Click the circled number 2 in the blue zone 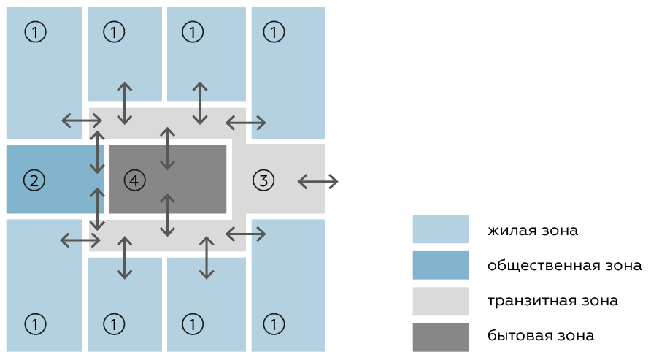click(x=34, y=179)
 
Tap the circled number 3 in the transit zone click(x=264, y=179)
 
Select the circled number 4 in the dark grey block click(x=135, y=179)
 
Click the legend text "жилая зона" click(x=533, y=231)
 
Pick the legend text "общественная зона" click(x=565, y=266)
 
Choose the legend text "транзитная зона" click(x=553, y=300)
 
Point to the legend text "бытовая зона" click(x=541, y=336)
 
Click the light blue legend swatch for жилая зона click(x=440, y=229)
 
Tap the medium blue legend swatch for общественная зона click(x=440, y=265)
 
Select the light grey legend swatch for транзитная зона click(x=440, y=300)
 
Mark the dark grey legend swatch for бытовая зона click(x=440, y=336)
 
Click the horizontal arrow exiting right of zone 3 click(x=318, y=180)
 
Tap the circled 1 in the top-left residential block click(x=34, y=31)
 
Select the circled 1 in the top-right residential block click(x=273, y=31)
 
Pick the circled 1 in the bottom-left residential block click(x=34, y=322)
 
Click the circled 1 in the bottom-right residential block click(x=273, y=322)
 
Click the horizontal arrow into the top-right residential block click(x=245, y=121)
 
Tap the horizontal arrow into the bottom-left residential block click(x=80, y=239)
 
